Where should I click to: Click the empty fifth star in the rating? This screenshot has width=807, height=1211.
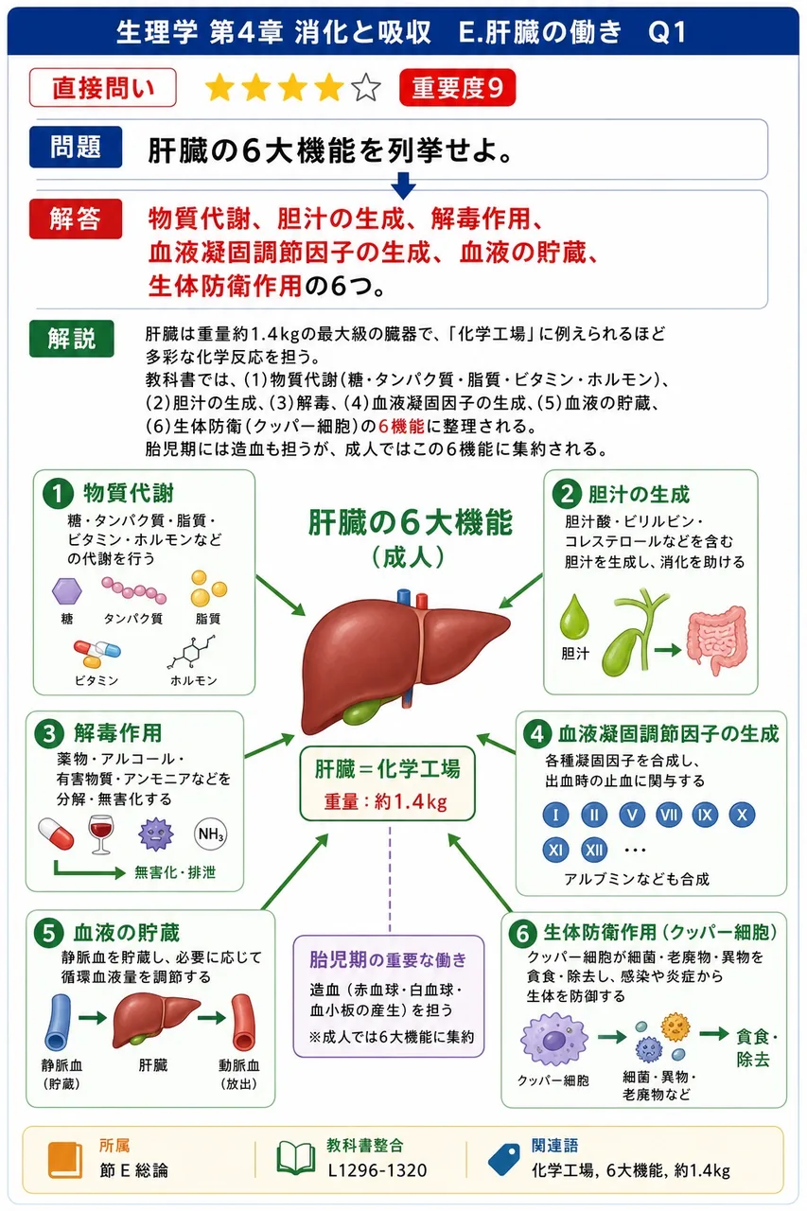click(366, 88)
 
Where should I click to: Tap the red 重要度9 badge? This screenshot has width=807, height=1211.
click(457, 88)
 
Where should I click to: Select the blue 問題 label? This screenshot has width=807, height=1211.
click(76, 147)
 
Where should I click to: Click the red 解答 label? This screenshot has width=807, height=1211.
click(76, 219)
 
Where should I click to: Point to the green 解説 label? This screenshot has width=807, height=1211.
click(72, 339)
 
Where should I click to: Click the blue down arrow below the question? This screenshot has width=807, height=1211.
click(403, 185)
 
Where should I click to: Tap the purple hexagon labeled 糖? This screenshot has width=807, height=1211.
click(67, 591)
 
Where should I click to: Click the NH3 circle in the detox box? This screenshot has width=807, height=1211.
click(210, 834)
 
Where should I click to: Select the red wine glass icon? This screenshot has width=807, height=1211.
click(101, 834)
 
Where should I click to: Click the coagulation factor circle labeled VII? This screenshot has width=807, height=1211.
click(669, 815)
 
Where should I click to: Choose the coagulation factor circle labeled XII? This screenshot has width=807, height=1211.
click(594, 850)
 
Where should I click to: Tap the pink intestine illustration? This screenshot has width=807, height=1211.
click(717, 640)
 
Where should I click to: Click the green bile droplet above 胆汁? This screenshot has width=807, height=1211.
click(574, 617)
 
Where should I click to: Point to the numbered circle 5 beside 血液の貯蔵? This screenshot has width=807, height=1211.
click(49, 934)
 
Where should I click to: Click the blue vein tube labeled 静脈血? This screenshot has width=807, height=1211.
click(58, 1022)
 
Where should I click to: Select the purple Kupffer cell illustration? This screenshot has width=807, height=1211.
click(554, 1039)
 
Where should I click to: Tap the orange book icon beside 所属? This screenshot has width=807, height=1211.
click(65, 1160)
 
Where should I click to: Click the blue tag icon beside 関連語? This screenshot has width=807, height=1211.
click(503, 1159)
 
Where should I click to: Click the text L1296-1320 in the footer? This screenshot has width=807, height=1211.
click(377, 1170)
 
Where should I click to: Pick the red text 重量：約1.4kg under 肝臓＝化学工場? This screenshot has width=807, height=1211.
click(386, 801)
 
